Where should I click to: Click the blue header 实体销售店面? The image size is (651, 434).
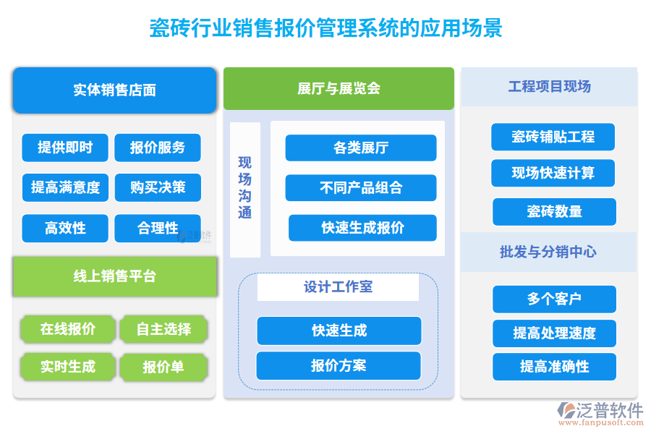click(114, 90)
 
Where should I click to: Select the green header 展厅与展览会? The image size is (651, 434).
click(339, 89)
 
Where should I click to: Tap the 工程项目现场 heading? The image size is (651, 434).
click(549, 87)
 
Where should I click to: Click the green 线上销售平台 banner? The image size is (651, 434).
click(114, 276)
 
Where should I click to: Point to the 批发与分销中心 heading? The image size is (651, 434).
click(548, 252)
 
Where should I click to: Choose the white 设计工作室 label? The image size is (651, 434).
click(338, 287)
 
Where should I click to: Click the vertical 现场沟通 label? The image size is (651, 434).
click(245, 188)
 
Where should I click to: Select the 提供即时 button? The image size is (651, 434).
click(65, 148)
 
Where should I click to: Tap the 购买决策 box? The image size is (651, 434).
click(158, 187)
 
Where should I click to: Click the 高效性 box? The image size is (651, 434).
click(65, 228)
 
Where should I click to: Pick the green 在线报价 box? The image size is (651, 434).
click(67, 329)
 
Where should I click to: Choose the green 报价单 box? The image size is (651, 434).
click(163, 367)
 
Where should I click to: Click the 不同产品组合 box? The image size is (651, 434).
click(360, 188)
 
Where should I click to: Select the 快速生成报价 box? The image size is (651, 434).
click(362, 228)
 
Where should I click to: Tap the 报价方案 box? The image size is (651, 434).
click(339, 366)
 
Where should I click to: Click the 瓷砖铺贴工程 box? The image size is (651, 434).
click(553, 137)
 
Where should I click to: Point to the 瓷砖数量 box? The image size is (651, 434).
click(554, 212)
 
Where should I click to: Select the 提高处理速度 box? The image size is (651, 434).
click(554, 333)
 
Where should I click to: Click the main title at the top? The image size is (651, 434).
click(325, 28)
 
